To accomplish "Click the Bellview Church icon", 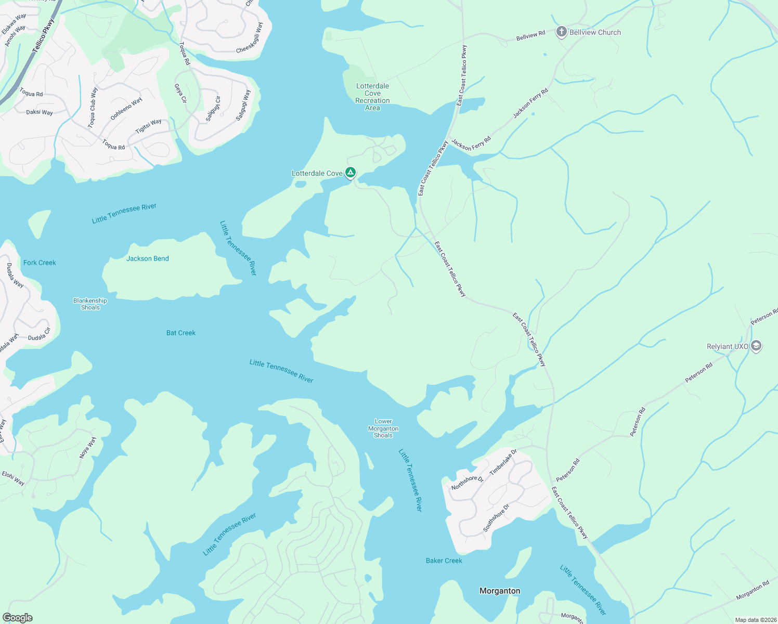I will [x=561, y=32].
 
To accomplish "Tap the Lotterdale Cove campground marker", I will [x=351, y=172].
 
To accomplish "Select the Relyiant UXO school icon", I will [x=756, y=346].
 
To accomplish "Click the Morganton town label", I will [x=499, y=591].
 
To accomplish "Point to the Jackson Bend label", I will [x=148, y=258].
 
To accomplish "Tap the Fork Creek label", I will [x=40, y=263].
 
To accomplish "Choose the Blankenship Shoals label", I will [x=90, y=304].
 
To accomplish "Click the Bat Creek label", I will [x=181, y=333].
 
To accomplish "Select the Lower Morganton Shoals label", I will [x=383, y=428].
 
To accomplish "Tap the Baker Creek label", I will [x=444, y=561].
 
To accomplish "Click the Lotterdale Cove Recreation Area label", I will [x=372, y=97].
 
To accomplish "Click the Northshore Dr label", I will [x=467, y=483].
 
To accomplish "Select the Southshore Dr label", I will [x=496, y=517].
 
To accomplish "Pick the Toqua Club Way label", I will [x=93, y=108].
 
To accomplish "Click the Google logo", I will [x=17, y=618].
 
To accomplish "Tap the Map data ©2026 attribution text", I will [x=755, y=620].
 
